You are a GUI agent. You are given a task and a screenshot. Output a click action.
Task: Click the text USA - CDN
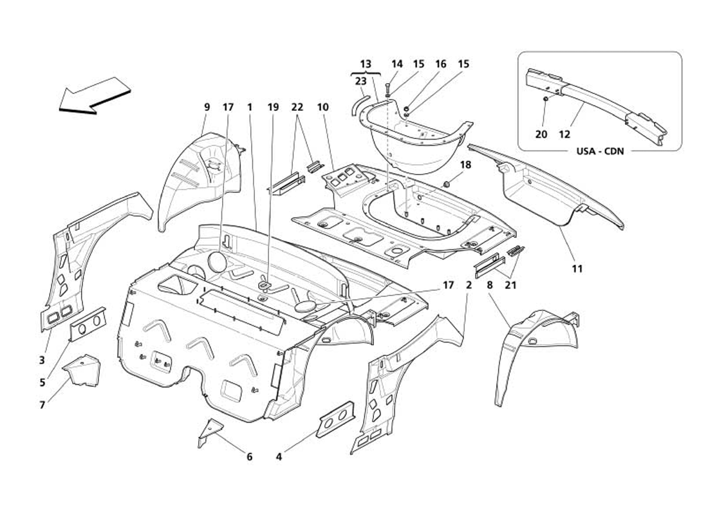pyautogui.click(x=599, y=152)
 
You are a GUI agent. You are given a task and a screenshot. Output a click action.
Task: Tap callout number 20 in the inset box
pyautogui.click(x=541, y=134)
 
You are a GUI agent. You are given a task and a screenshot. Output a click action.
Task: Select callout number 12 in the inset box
pyautogui.click(x=564, y=134)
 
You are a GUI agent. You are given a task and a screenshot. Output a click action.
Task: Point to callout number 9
pyautogui.click(x=207, y=108)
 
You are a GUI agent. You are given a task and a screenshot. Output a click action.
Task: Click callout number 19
pyautogui.click(x=274, y=108)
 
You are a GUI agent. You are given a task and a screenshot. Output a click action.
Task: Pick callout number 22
pyautogui.click(x=297, y=108)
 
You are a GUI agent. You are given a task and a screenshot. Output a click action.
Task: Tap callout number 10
pyautogui.click(x=322, y=108)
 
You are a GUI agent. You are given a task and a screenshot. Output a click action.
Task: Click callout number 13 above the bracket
pyautogui.click(x=366, y=64)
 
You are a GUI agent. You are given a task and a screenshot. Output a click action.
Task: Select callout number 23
pyautogui.click(x=360, y=81)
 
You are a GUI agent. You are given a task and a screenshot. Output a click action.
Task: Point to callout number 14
pyautogui.click(x=397, y=64)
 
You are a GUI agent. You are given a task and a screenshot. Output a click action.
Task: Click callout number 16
pyautogui.click(x=440, y=64)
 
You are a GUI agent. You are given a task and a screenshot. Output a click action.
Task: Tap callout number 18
pyautogui.click(x=465, y=165)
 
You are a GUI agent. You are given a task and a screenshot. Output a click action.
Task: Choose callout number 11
pyautogui.click(x=577, y=268)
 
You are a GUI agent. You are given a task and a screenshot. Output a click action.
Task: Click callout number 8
pyautogui.click(x=490, y=284)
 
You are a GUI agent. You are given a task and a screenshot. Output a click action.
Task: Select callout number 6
pyautogui.click(x=249, y=457)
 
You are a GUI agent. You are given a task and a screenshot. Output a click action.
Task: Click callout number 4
pyautogui.click(x=279, y=457)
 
